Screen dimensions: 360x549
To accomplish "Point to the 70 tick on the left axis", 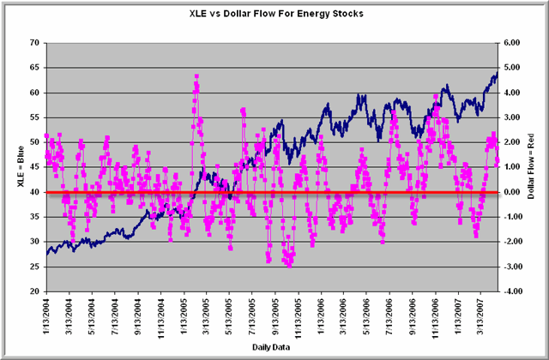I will [x=34, y=42].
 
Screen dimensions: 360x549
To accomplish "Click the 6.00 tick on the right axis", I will [x=516, y=42].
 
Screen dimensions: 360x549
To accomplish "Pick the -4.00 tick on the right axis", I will [x=516, y=291].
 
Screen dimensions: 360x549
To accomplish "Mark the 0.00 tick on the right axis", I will [x=516, y=192].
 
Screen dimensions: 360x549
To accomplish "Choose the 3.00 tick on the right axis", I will [x=516, y=117].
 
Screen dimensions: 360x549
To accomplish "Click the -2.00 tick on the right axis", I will [x=516, y=242].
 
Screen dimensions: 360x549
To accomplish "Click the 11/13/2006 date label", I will [x=436, y=320].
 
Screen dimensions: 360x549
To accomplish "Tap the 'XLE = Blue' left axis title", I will [x=16, y=167].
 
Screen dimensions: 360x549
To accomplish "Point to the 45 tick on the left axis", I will [x=34, y=167].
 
